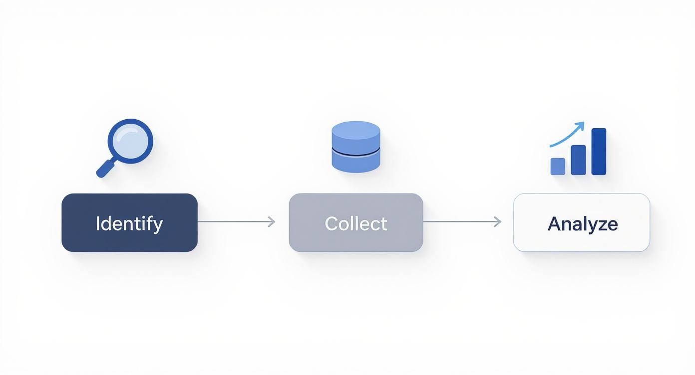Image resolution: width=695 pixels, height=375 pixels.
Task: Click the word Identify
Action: [x=129, y=223]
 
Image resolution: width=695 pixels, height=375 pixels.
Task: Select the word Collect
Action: [x=355, y=223]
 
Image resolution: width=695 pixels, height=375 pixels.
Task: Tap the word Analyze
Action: [x=582, y=224]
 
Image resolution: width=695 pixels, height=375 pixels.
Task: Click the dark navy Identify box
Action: [x=80, y=239]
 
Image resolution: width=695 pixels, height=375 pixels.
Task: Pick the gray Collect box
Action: [x=310, y=239]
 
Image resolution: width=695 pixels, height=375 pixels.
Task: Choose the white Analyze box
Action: [x=534, y=239]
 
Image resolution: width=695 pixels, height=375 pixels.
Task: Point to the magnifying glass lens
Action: [x=130, y=141]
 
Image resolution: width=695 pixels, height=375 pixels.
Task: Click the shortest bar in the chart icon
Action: [x=558, y=166]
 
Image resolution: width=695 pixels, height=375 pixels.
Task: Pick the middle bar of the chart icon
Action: [x=578, y=160]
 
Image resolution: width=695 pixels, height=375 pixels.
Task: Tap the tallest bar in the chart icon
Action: [x=599, y=152]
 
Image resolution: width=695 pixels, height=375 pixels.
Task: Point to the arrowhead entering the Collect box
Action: [x=272, y=221]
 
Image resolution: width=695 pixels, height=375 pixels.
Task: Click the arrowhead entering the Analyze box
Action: [x=497, y=221]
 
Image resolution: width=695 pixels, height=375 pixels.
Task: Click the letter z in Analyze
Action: [x=603, y=225]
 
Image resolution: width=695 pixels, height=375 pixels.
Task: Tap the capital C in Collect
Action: [x=332, y=223]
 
